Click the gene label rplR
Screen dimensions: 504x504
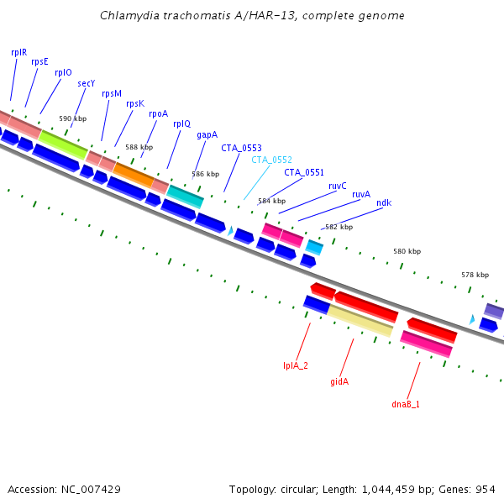point(18,51)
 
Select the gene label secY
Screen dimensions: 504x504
point(87,83)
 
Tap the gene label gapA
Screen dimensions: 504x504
point(207,134)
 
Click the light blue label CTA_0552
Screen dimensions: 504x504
point(271,160)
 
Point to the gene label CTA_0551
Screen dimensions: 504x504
point(304,172)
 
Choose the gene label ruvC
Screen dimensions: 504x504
point(338,185)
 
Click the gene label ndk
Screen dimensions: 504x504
point(384,202)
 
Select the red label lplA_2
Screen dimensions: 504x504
point(296,365)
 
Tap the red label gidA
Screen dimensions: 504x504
point(339,381)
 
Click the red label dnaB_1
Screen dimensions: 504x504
point(406,404)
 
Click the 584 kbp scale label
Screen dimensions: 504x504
point(271,201)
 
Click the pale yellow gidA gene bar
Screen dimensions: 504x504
point(360,320)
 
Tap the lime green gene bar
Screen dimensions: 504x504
point(63,144)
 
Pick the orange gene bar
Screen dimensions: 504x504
point(134,174)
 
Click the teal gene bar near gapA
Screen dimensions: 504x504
point(185,196)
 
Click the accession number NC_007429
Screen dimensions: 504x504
point(92,489)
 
